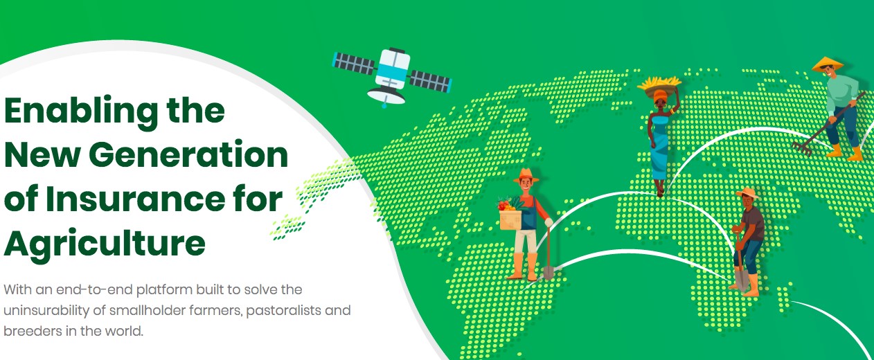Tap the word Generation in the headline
(x=190, y=155)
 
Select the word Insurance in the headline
(x=135, y=199)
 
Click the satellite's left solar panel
(x=354, y=63)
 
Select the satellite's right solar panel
(x=430, y=81)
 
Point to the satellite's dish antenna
(x=386, y=95)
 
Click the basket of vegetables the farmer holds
(x=510, y=216)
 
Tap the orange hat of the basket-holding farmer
(x=526, y=176)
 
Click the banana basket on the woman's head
(x=659, y=86)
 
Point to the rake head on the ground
(x=802, y=149)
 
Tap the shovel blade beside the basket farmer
(x=549, y=273)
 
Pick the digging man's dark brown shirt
(x=753, y=224)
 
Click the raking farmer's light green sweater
(x=842, y=93)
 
